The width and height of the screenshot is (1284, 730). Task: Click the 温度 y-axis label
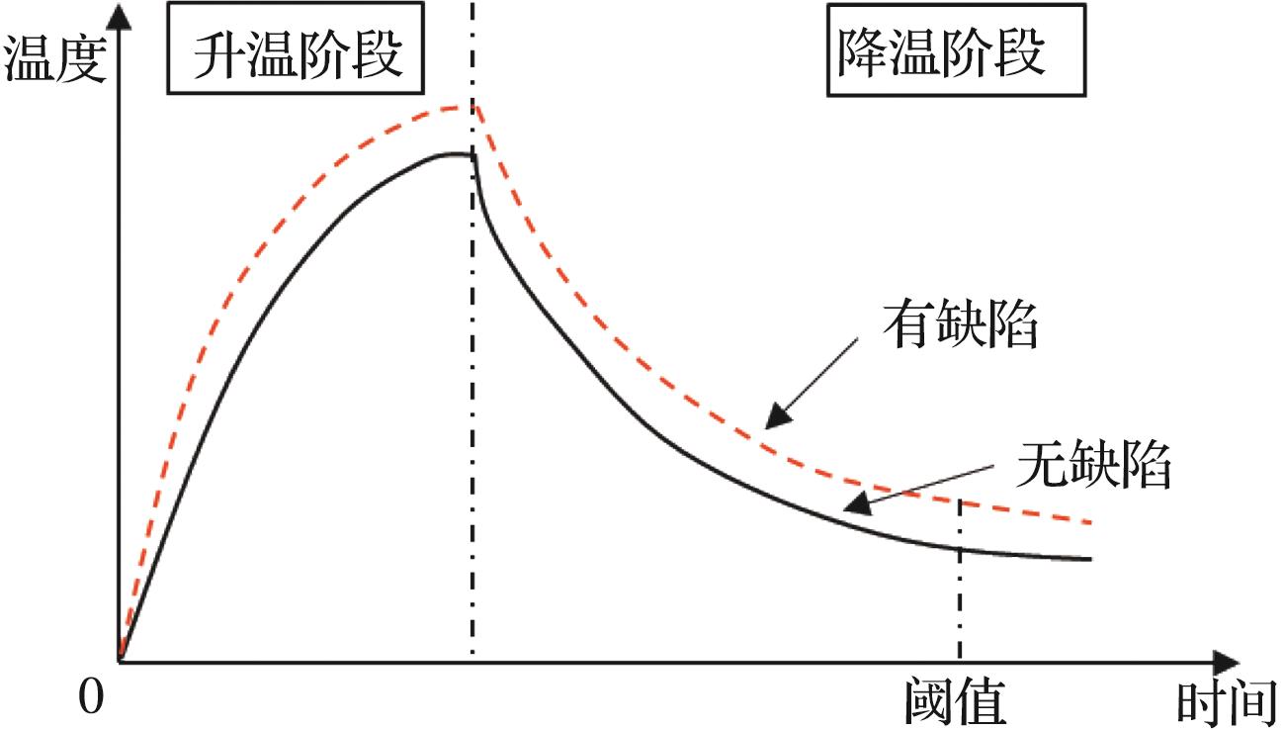point(54,58)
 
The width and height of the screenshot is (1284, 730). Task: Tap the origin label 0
point(91,698)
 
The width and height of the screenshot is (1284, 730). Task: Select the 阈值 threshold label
point(956,702)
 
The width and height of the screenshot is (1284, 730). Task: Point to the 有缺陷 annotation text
point(960,324)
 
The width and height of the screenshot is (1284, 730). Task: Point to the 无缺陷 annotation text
point(1093,465)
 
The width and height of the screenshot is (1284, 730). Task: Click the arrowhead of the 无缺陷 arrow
point(857,504)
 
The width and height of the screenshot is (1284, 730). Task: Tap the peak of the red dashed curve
point(471,107)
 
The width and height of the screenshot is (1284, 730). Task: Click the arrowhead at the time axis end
point(1226,663)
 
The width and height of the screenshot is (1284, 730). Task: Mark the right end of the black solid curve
point(1090,559)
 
